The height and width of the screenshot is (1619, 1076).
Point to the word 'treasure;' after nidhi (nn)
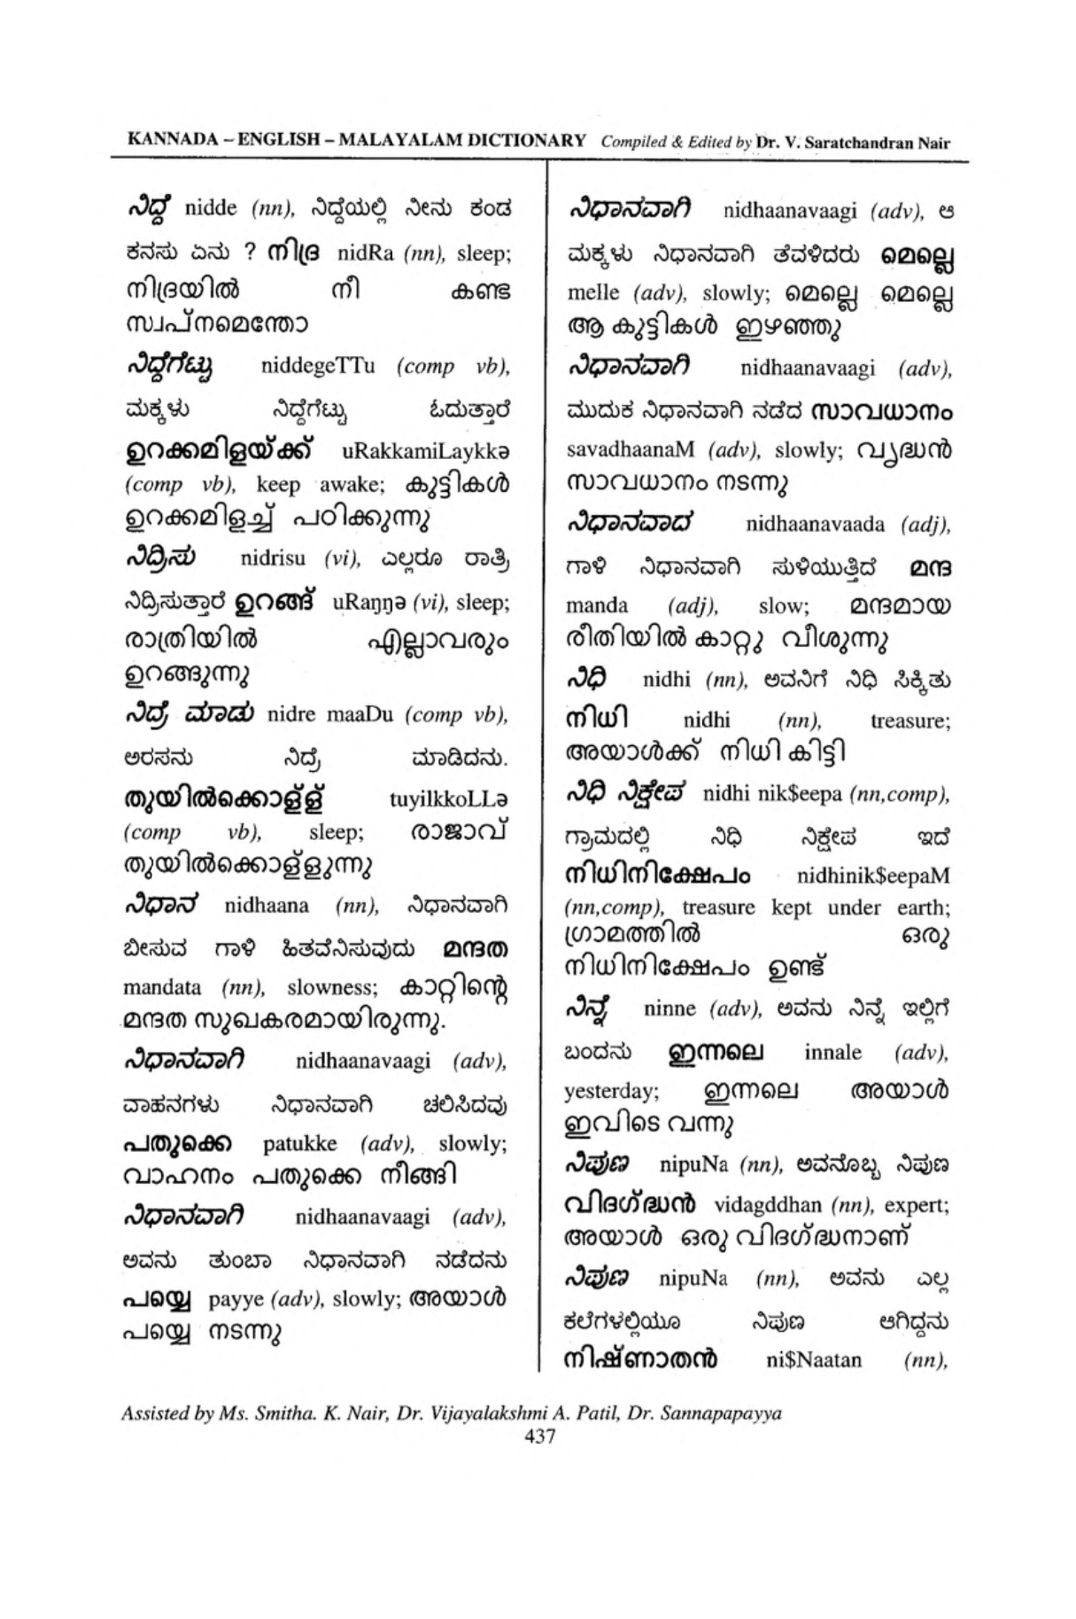[910, 721]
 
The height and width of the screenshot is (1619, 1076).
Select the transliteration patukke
[300, 1143]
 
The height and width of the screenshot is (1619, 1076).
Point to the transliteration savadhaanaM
[630, 451]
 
